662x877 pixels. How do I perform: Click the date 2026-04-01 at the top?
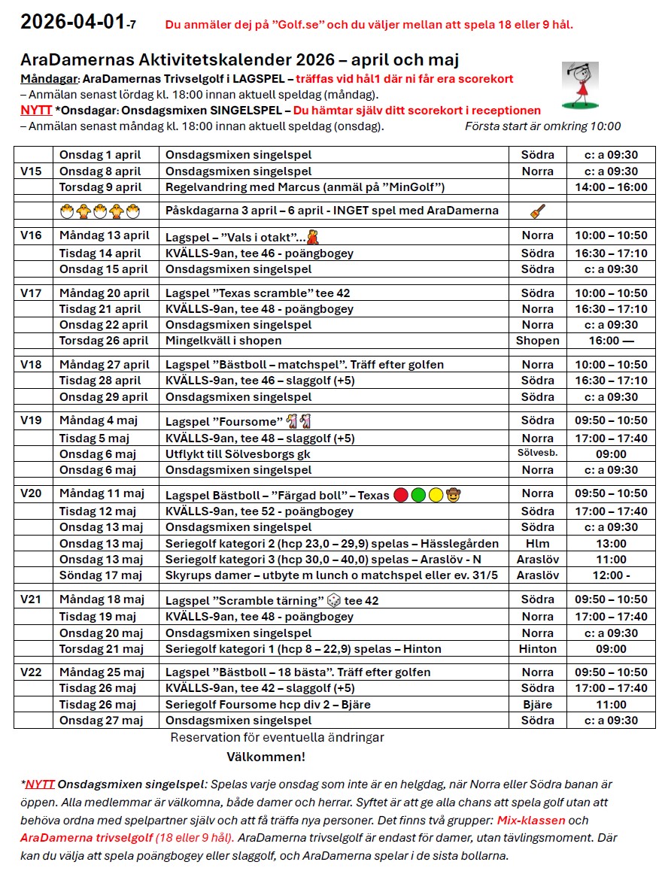pyautogui.click(x=71, y=23)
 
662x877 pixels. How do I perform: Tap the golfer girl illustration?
pyautogui.click(x=580, y=86)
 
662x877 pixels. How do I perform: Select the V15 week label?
pyautogui.click(x=31, y=171)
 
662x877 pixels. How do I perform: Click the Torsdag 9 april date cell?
pyautogui.click(x=100, y=187)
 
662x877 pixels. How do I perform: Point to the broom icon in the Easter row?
pyautogui.click(x=537, y=211)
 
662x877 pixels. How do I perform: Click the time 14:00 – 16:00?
pyautogui.click(x=610, y=187)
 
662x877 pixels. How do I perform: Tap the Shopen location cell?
pyautogui.click(x=537, y=341)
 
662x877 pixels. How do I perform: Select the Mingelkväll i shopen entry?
pyautogui.click(x=223, y=341)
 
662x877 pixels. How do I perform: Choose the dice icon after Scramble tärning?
pyautogui.click(x=333, y=600)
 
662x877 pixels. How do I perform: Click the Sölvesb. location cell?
pyautogui.click(x=537, y=454)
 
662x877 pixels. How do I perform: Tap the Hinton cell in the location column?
pyautogui.click(x=537, y=649)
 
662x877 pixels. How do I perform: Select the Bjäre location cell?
pyautogui.click(x=537, y=705)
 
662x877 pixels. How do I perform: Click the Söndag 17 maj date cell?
pyautogui.click(x=100, y=575)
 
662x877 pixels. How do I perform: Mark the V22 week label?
pyautogui.click(x=31, y=672)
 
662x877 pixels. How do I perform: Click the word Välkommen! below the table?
pyautogui.click(x=266, y=757)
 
